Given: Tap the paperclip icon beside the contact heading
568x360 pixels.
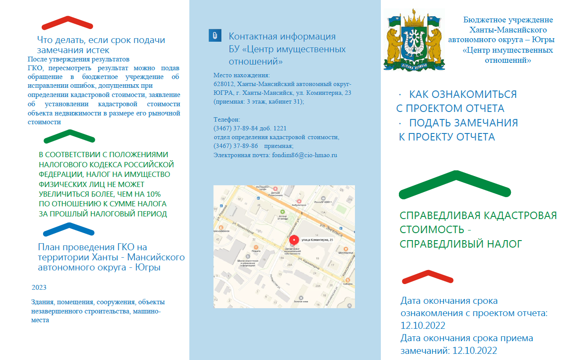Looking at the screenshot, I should (214, 36).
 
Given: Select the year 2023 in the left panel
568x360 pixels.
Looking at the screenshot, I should (39, 288).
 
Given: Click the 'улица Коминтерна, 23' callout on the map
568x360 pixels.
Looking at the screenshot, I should (317, 240).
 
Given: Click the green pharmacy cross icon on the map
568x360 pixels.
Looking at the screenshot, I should (283, 212).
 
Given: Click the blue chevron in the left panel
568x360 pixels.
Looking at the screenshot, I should (69, 229).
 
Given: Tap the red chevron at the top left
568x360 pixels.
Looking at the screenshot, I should (68, 22).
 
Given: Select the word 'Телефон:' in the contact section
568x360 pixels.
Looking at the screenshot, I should (227, 119).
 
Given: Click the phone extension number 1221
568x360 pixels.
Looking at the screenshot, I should (279, 128).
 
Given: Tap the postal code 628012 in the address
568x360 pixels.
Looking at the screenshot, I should (222, 84).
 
